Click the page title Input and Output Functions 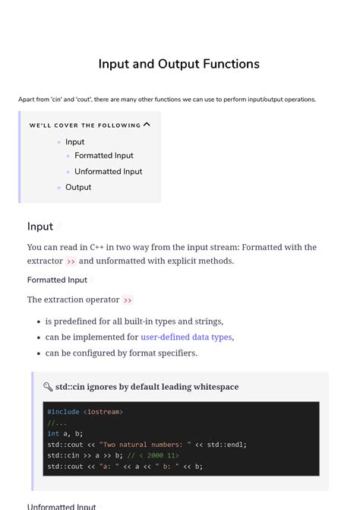(x=179, y=64)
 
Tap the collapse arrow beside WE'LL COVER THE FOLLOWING (x=147, y=125)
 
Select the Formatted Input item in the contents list (x=103, y=156)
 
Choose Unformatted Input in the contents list (x=108, y=172)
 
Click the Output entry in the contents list (x=78, y=187)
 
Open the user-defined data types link (x=186, y=337)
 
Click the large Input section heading (x=40, y=226)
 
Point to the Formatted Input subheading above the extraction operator (x=57, y=280)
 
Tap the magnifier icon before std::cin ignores (x=48, y=387)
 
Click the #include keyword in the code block (x=63, y=412)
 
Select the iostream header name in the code (x=103, y=412)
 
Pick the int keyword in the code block (x=53, y=433)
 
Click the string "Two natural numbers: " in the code (x=145, y=445)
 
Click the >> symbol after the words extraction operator (x=128, y=300)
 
